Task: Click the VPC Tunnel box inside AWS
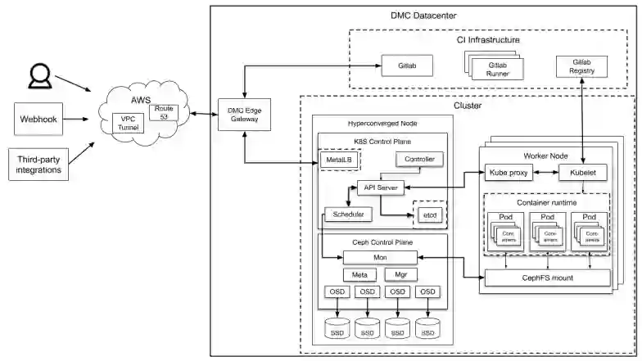tap(128, 125)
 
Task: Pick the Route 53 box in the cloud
tap(166, 114)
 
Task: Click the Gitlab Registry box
tap(582, 66)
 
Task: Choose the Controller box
tap(420, 158)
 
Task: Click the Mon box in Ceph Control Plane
tap(381, 257)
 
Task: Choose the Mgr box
tap(401, 275)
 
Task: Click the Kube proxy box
tap(509, 173)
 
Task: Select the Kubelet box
tap(582, 173)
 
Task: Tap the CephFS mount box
tap(549, 278)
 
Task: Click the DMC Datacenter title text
tap(423, 16)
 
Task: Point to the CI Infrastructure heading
tap(488, 39)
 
